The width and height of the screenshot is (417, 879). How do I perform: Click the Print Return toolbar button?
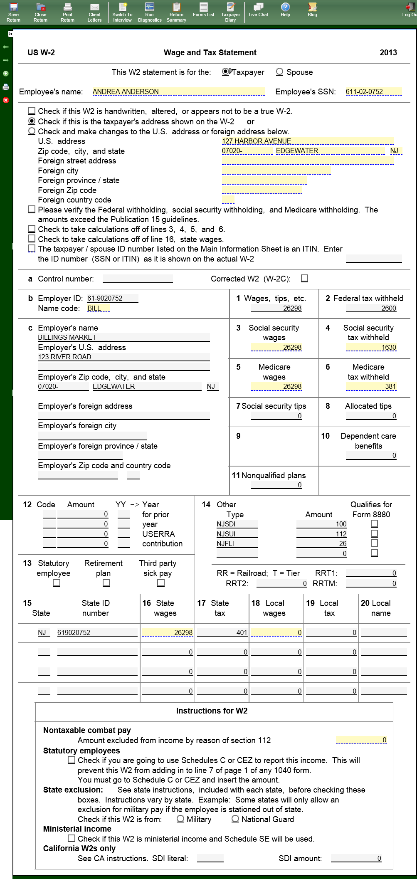pos(67,12)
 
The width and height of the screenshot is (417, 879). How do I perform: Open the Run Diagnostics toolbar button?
pos(149,12)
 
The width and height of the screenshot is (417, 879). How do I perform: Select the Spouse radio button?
pos(280,72)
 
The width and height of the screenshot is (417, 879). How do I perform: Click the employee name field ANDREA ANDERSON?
pos(178,91)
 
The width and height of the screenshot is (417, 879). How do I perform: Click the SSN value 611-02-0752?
pos(373,91)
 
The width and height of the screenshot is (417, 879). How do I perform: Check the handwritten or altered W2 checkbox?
pos(32,111)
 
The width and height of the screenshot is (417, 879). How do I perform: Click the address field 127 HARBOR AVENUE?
pos(307,141)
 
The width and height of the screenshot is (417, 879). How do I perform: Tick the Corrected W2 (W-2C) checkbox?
pos(305,279)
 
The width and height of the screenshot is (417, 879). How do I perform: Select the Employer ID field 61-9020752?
pos(112,298)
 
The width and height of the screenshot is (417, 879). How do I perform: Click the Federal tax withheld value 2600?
pos(371,308)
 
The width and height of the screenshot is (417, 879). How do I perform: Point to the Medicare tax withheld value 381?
pos(371,386)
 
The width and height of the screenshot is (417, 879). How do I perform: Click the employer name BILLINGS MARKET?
pos(123,337)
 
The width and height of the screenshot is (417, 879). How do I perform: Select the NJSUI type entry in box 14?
pos(237,534)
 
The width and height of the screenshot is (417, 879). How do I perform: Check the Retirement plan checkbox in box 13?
pos(106,583)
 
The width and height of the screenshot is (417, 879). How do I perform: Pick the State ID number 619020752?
pos(97,632)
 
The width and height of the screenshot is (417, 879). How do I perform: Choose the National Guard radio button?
pos(235,819)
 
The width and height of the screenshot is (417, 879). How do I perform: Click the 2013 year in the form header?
pos(388,52)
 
